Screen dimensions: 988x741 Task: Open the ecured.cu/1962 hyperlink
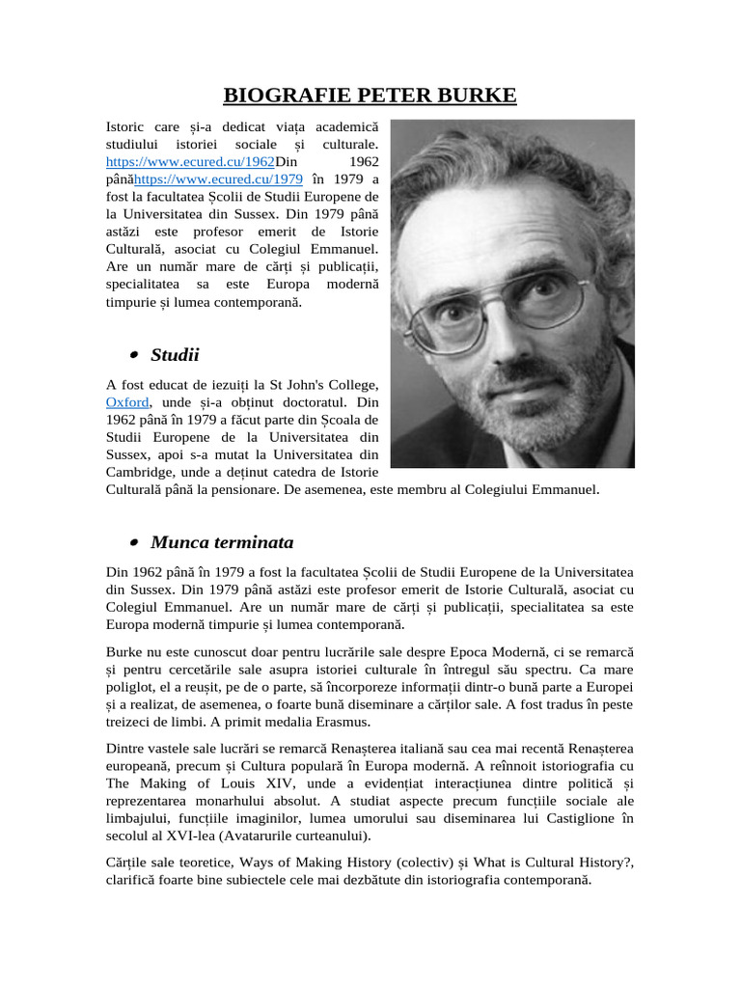click(190, 161)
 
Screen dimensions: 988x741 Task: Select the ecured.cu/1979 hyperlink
click(218, 178)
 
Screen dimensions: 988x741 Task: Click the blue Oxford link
click(127, 402)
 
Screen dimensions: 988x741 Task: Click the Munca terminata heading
click(222, 541)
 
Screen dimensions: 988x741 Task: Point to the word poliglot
click(133, 687)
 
